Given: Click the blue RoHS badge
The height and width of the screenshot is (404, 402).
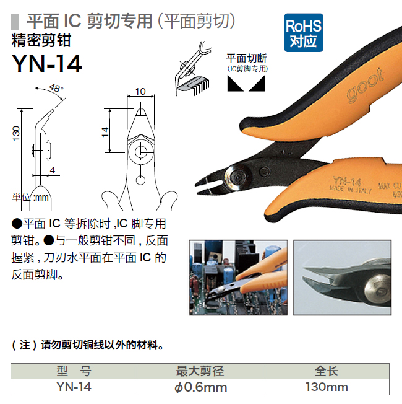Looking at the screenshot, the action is [x=304, y=33].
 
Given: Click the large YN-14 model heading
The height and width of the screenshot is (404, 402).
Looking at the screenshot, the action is [x=47, y=64].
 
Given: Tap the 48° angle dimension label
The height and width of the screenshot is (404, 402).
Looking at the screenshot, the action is [x=56, y=88].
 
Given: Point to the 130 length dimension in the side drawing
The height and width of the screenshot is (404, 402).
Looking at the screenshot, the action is [x=16, y=133].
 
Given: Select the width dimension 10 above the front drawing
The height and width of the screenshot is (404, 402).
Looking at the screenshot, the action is [x=140, y=92].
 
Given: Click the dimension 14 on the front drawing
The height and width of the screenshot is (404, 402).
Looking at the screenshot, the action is [x=105, y=132].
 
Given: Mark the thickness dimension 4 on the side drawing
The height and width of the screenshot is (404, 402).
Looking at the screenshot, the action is [x=53, y=170].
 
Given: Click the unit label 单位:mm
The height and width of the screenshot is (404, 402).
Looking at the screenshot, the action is [x=30, y=198].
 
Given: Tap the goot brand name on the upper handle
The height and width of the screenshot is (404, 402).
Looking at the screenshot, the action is [x=365, y=86].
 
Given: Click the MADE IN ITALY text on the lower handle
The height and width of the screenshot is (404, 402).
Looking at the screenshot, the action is [x=351, y=190].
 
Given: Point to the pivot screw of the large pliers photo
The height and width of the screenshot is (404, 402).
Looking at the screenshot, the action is [x=237, y=177].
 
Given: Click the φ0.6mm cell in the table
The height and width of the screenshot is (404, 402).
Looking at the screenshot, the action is [x=200, y=387].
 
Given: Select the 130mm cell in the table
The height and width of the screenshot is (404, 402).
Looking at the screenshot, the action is [x=327, y=387].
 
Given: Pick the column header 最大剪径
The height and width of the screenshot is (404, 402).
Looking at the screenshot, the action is [x=200, y=371].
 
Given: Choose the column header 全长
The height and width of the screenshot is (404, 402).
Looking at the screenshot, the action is [x=327, y=371].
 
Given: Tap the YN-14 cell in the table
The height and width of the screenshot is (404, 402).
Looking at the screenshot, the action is [x=74, y=387].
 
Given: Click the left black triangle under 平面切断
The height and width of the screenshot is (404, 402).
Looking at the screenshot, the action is [x=234, y=84].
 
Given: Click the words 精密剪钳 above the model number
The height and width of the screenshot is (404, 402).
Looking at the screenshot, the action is [x=41, y=40].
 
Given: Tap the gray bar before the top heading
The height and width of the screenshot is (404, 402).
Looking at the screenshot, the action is [x=15, y=22].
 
